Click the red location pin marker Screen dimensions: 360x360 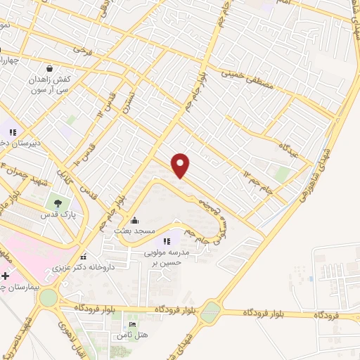181,165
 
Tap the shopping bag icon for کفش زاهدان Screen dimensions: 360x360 50,68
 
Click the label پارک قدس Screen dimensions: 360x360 58,214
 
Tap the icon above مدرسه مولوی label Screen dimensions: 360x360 167,242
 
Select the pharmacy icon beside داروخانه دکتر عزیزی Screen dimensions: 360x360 84,256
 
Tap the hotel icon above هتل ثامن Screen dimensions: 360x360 131,324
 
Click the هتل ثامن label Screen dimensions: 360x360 132,335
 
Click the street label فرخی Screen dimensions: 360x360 83,50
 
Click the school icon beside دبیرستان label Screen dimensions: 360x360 12,131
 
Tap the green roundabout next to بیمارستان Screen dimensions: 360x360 48,297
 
